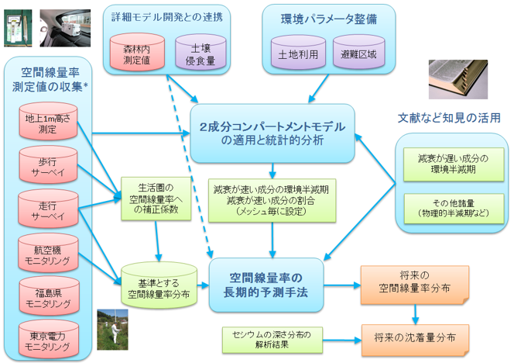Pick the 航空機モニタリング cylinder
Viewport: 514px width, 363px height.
(48, 252)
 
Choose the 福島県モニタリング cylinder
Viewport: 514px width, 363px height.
(48, 295)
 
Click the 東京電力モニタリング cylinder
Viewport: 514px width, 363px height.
(48, 338)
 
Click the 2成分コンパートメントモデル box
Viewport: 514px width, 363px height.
(271, 133)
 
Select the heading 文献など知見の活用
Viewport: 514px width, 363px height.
(449, 118)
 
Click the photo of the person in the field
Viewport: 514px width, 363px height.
(112, 330)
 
